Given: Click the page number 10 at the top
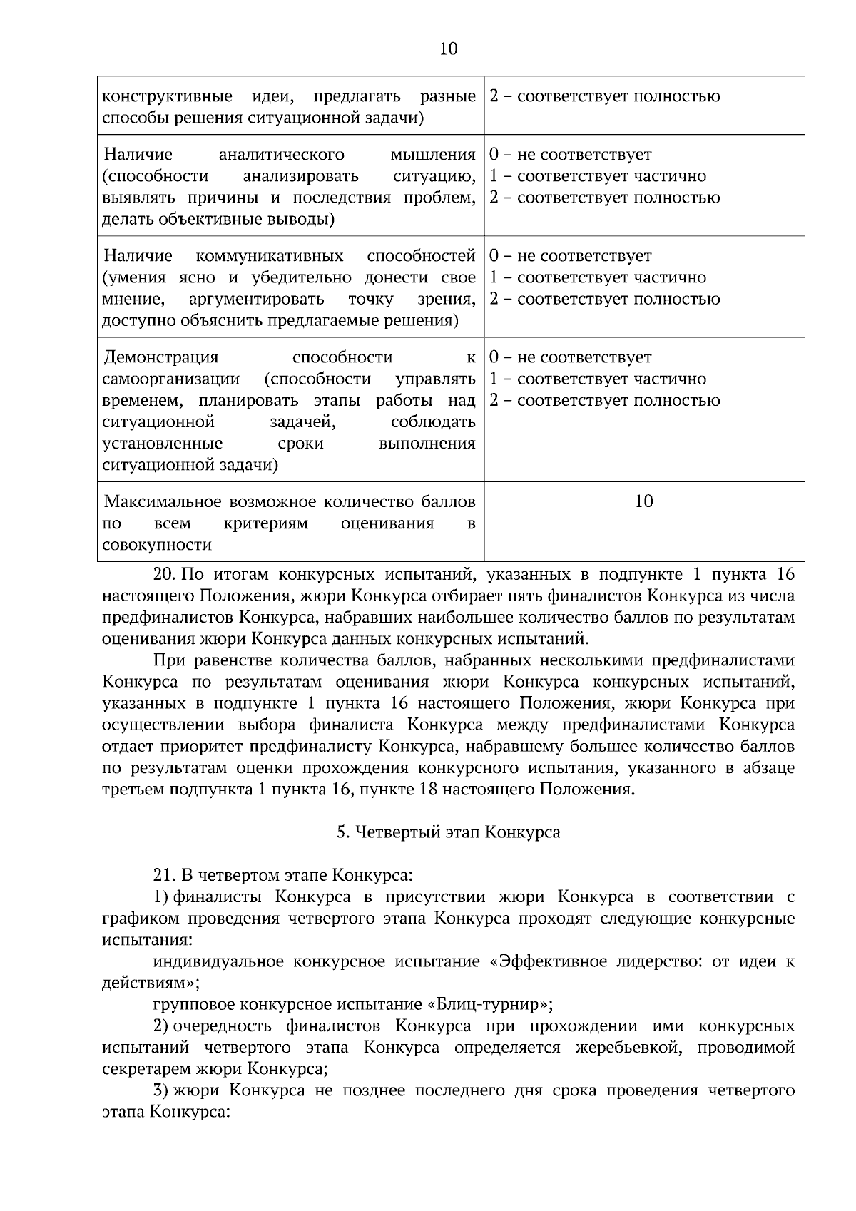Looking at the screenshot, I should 449,48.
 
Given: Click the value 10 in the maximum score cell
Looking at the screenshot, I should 643,501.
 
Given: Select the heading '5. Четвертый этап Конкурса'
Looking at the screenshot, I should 449,832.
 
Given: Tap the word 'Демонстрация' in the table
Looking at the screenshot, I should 162,357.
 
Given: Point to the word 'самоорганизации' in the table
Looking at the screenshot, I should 171,379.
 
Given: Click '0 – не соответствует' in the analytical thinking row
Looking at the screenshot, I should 571,155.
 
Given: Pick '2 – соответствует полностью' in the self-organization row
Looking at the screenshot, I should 605,400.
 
